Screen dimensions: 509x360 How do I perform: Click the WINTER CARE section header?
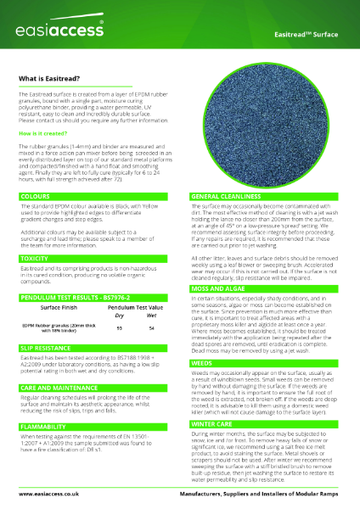211,422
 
